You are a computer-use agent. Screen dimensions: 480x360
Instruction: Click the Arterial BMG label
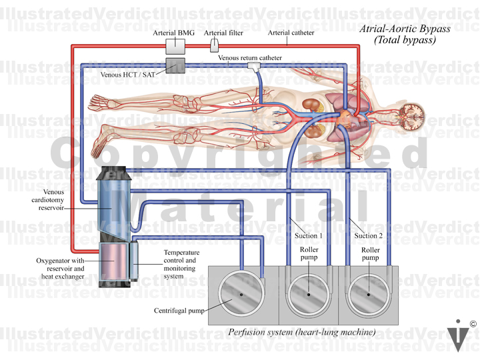coord(173,33)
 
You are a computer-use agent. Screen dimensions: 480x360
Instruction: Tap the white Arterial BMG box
coord(175,47)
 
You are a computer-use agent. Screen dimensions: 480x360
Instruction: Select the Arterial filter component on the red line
coord(214,45)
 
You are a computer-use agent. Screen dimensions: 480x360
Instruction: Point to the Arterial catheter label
coord(291,33)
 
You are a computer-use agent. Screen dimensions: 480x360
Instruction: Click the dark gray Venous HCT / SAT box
coord(175,65)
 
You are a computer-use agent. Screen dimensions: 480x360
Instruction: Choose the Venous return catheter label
coord(250,57)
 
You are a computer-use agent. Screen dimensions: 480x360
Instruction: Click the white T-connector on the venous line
coord(254,66)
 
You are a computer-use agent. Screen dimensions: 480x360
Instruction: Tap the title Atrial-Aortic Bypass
coord(405,29)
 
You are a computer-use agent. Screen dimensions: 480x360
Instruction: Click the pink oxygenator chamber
coord(113,261)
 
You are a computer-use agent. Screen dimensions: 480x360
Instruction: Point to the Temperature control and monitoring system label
coord(181,264)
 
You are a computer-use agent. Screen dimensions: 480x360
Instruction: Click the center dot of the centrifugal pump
coord(241,295)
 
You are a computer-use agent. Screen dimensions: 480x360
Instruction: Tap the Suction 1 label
coord(308,235)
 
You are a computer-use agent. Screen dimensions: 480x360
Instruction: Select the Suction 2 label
coord(368,235)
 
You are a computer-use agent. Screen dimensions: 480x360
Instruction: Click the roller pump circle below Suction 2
coord(369,295)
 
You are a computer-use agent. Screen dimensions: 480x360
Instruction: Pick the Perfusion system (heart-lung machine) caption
coord(302,332)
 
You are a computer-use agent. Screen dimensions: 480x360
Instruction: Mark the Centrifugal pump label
coord(179,311)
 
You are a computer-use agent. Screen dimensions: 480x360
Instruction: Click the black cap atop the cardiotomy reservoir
coord(113,173)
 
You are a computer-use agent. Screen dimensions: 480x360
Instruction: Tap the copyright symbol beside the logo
coord(473,324)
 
